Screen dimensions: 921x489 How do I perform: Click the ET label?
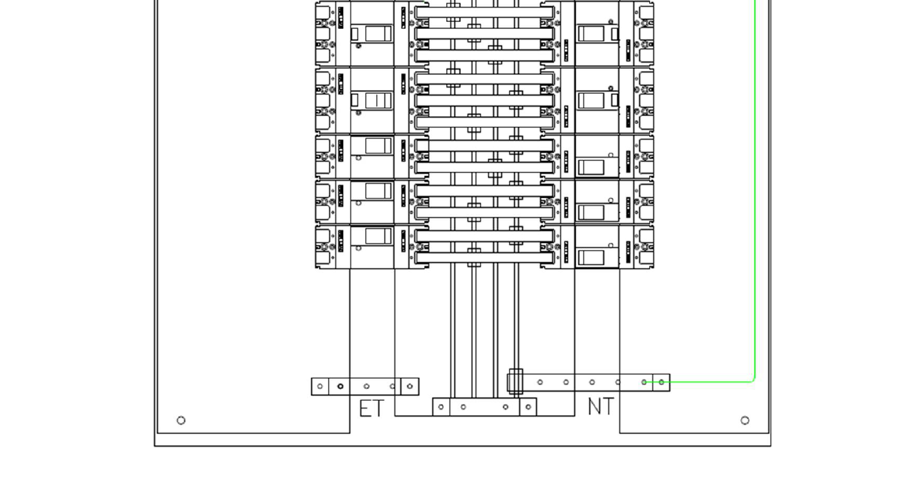coord(372,408)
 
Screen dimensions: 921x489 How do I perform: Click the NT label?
coord(601,406)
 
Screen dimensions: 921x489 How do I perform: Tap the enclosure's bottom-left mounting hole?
coord(181,420)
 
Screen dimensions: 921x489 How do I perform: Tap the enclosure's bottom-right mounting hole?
coord(745,420)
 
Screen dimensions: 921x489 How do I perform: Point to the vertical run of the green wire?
coord(755,183)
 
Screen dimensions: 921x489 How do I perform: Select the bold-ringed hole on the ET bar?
coord(340,386)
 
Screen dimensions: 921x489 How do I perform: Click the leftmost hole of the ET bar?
coord(320,386)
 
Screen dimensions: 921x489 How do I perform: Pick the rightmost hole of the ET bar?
coord(410,386)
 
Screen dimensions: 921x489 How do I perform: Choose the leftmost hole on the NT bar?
coord(540,382)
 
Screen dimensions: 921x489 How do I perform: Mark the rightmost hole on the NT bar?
coord(661,382)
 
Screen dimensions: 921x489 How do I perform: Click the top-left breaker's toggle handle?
coord(378,33)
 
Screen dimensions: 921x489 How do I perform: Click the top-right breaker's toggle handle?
coord(591,33)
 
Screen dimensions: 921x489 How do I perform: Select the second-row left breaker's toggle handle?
coord(378,100)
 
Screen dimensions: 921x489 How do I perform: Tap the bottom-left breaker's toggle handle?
coord(378,236)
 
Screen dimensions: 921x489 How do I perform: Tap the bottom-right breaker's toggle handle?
coord(591,258)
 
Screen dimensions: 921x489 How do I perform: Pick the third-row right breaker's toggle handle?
coord(591,167)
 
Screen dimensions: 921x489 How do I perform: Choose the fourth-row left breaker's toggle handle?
coord(378,191)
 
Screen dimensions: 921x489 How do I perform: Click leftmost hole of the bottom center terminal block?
coord(441,407)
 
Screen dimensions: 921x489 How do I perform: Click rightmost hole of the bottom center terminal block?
coord(528,407)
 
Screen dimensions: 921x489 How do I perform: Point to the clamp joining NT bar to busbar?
coord(516,382)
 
